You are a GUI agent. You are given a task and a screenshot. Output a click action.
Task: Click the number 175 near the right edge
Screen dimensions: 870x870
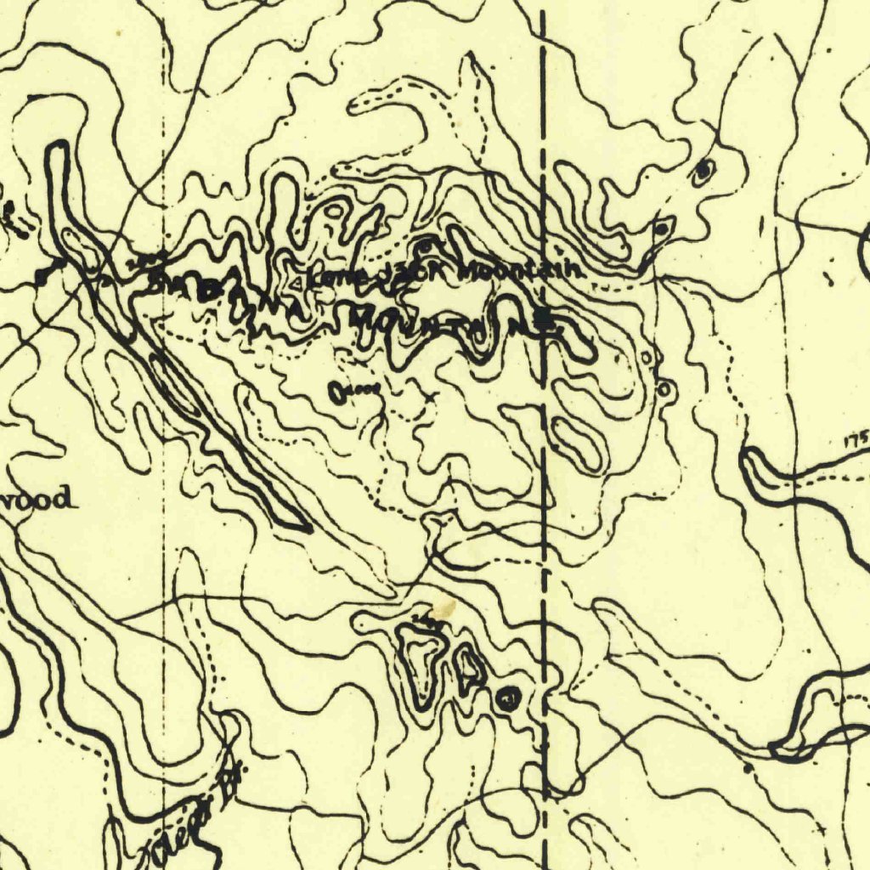[856, 440]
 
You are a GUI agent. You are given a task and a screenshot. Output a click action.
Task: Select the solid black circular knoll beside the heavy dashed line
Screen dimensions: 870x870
[508, 699]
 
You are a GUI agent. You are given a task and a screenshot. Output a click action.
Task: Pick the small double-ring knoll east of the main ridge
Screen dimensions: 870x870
[665, 390]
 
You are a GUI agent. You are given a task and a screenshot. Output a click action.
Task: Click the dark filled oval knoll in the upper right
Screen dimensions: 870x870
[703, 173]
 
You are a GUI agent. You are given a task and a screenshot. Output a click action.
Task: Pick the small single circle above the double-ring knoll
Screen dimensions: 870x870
[648, 358]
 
